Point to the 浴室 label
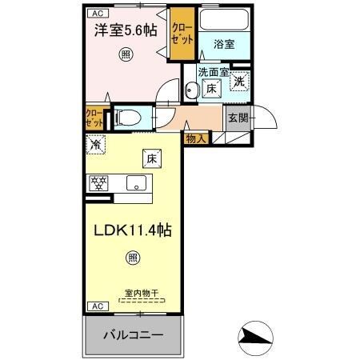click(224, 45)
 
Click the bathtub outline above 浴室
click(224, 22)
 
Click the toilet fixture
click(128, 118)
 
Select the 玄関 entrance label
click(238, 118)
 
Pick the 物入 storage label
click(196, 138)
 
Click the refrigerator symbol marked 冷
click(96, 146)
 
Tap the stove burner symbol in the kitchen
click(98, 182)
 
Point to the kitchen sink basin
click(135, 182)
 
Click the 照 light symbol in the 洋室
click(126, 54)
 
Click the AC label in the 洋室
click(96, 14)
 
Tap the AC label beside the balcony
click(95, 306)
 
